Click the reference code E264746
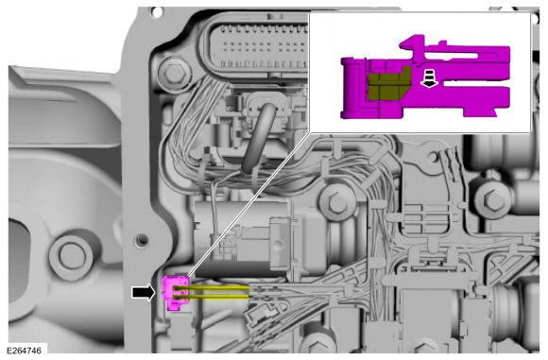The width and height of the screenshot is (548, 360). pyautogui.click(x=24, y=351)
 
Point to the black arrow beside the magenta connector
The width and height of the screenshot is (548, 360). pyautogui.click(x=143, y=292)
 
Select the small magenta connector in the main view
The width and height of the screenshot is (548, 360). pyautogui.click(x=175, y=293)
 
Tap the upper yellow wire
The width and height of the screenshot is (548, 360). pyautogui.click(x=212, y=287)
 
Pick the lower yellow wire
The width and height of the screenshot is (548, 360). pyautogui.click(x=212, y=297)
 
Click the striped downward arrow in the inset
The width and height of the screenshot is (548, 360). pyautogui.click(x=429, y=77)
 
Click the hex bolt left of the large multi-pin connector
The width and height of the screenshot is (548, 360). pyautogui.click(x=173, y=73)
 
